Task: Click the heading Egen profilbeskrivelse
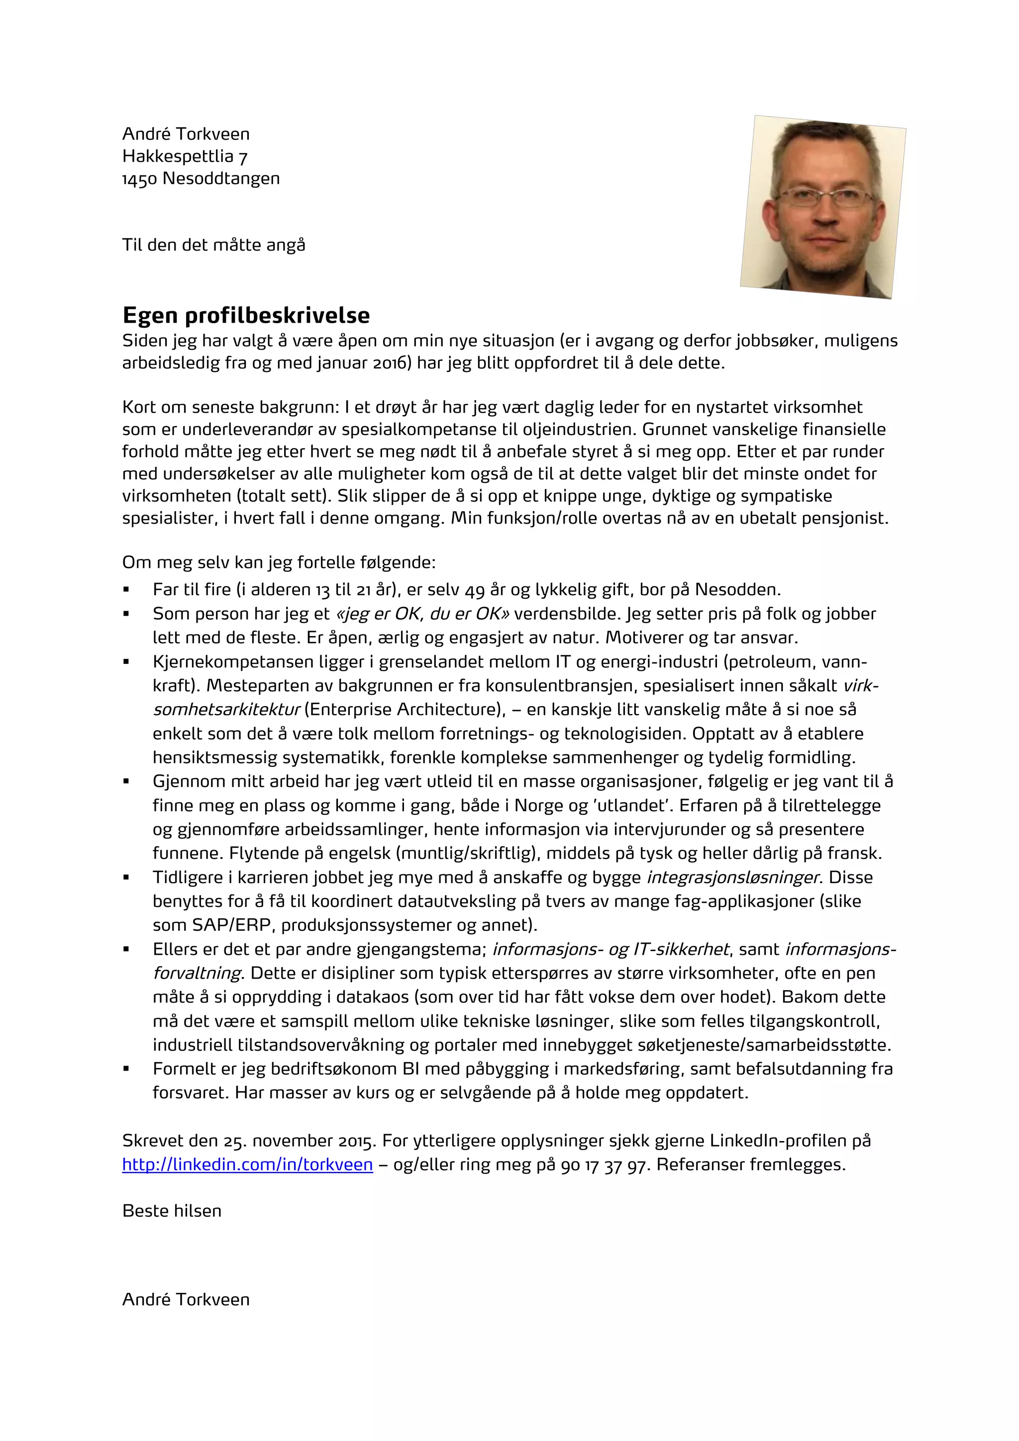click(246, 315)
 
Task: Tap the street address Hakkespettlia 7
click(185, 156)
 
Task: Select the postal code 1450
click(139, 179)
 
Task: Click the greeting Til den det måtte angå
click(213, 245)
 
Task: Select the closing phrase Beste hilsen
click(171, 1211)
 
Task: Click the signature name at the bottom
click(186, 1299)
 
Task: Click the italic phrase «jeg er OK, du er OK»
click(423, 614)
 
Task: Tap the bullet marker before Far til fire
click(126, 590)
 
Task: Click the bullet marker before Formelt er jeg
click(126, 1069)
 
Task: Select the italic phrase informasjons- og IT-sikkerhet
click(611, 949)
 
